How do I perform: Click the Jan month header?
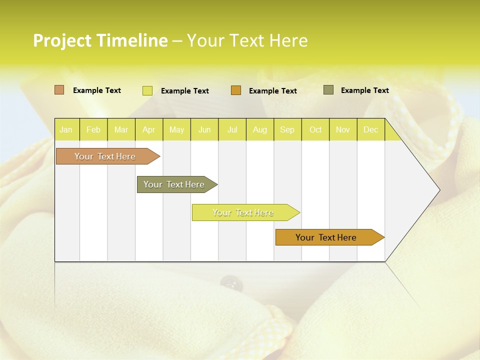click(66, 129)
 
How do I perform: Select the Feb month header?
click(93, 129)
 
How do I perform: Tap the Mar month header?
click(121, 129)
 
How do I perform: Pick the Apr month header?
click(148, 129)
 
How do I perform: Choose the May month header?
click(176, 129)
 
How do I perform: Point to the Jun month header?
click(204, 129)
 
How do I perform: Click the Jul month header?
click(232, 129)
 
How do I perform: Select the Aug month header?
click(259, 129)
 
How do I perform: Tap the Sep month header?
click(287, 129)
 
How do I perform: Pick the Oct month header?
click(315, 129)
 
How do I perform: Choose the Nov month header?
click(343, 129)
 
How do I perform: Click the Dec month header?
click(370, 129)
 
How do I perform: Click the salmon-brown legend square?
click(59, 90)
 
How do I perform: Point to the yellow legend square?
click(147, 90)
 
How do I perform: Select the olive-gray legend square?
click(328, 90)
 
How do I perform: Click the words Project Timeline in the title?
click(100, 40)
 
